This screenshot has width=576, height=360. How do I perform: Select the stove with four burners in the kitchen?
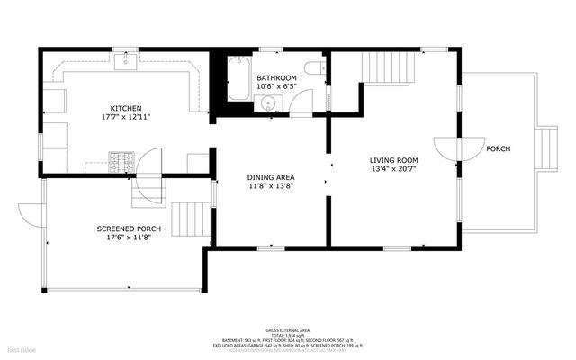pos(121,162)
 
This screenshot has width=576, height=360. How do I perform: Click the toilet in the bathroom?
pos(312,69)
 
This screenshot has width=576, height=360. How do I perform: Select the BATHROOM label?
pos(276,78)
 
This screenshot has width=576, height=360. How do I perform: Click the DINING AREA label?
pos(271,176)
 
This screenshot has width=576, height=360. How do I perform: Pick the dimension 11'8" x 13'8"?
pos(271,185)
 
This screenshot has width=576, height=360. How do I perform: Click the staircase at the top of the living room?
pos(391,67)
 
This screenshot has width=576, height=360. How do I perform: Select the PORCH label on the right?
pos(498,148)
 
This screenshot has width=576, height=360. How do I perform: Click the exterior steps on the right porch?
pos(544,148)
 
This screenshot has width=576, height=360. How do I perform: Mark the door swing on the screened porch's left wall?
pos(31,216)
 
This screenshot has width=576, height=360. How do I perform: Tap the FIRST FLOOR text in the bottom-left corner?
pos(21,348)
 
